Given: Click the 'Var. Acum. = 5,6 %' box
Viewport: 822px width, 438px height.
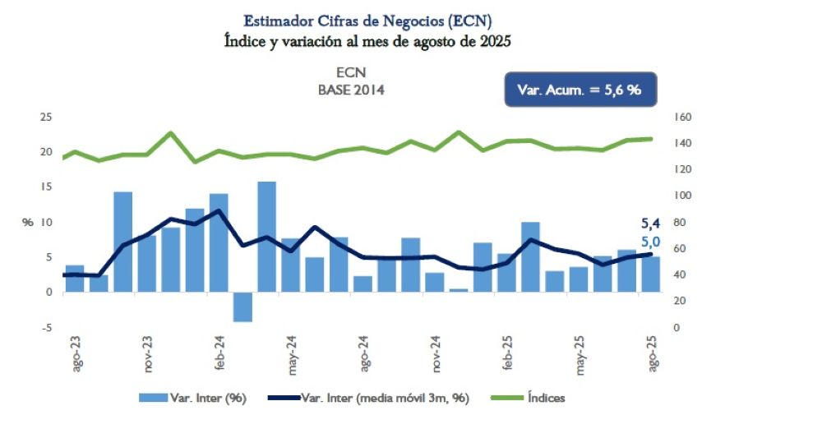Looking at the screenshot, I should pos(580,90).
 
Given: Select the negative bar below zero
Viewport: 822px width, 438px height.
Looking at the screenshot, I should pos(242,307).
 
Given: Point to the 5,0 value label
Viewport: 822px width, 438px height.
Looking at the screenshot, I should pos(650,242).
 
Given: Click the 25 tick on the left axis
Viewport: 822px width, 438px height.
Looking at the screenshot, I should pos(46,117).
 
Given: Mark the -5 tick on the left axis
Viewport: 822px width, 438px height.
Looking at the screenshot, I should pos(47,328).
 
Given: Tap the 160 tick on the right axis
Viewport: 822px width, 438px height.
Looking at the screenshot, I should pos(683,117).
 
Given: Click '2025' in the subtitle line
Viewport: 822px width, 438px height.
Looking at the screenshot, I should pos(492,41).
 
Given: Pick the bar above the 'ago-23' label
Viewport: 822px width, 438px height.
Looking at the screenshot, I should pos(75,279).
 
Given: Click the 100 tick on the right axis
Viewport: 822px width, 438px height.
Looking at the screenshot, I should pos(683,196).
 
